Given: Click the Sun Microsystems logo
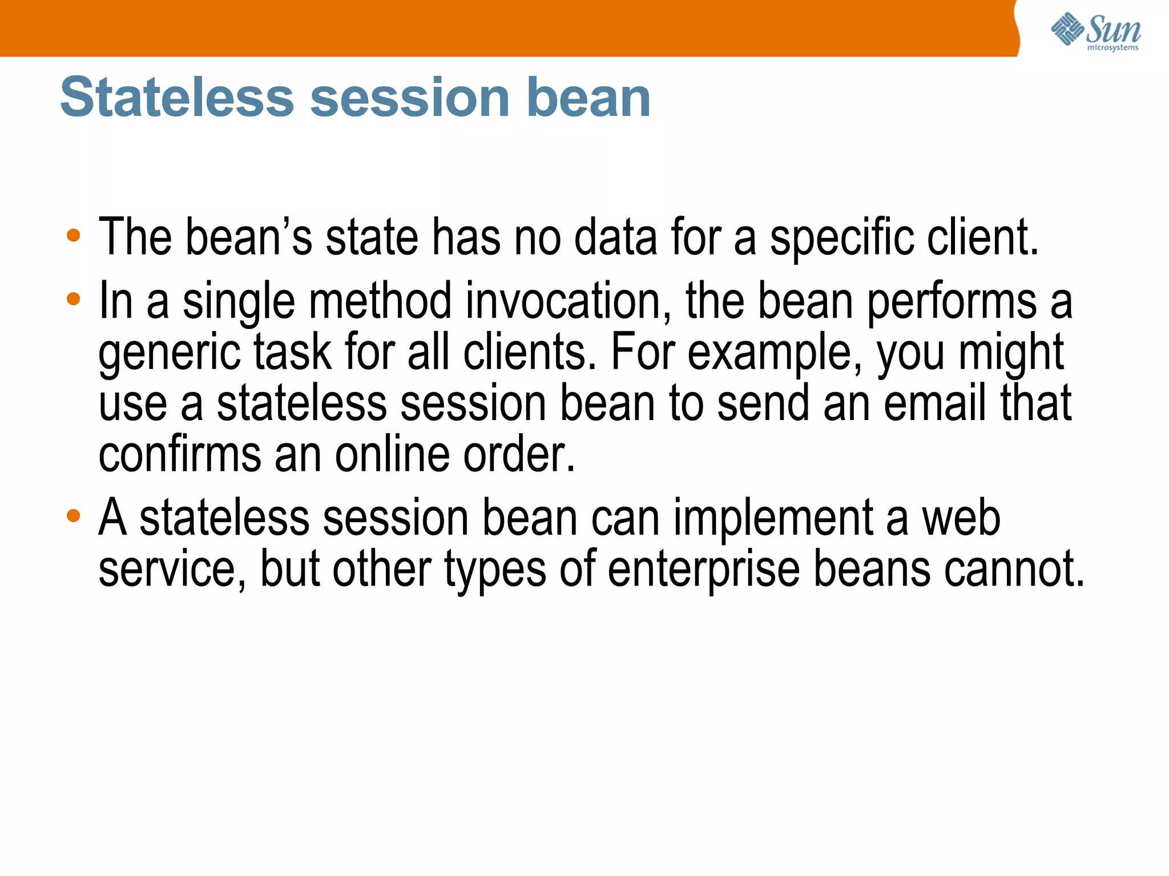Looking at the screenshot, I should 1095,31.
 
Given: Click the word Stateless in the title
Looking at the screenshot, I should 176,98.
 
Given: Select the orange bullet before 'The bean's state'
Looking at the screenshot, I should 73,235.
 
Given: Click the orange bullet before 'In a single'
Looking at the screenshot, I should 73,298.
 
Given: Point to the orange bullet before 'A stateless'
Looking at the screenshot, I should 73,516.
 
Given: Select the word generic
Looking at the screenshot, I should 170,354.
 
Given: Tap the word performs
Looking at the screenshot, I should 952,302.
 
